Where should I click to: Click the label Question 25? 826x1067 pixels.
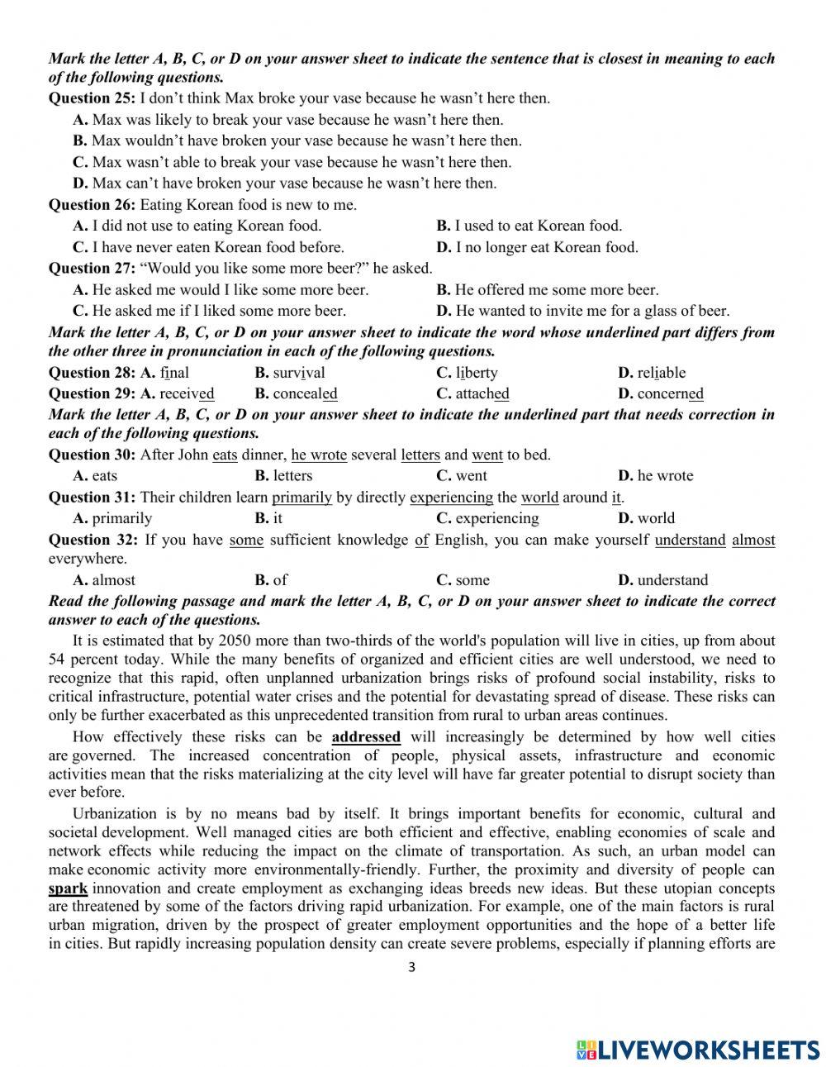pyautogui.click(x=92, y=98)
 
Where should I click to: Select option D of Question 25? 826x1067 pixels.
pyautogui.click(x=285, y=183)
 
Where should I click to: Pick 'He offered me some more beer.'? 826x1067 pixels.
pyautogui.click(x=548, y=290)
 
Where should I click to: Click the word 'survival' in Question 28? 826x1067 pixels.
pyautogui.click(x=290, y=373)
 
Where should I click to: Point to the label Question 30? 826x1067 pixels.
pyautogui.click(x=92, y=455)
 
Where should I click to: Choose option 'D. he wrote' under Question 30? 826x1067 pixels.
pyautogui.click(x=656, y=476)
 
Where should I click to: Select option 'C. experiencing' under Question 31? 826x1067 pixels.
pyautogui.click(x=487, y=519)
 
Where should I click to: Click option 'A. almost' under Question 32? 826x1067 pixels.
pyautogui.click(x=104, y=580)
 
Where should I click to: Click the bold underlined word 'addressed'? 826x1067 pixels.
pyautogui.click(x=365, y=736)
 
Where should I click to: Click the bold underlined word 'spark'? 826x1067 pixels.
pyautogui.click(x=68, y=889)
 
